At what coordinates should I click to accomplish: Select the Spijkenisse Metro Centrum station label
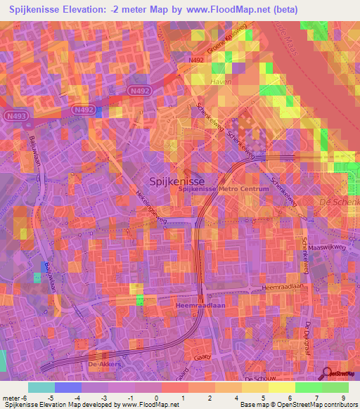(224, 189)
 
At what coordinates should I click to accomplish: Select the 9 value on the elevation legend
(342, 397)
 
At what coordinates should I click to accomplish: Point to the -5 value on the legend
(42, 397)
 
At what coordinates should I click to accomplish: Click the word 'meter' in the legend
(11, 397)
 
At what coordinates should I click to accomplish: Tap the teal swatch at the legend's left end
(41, 387)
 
